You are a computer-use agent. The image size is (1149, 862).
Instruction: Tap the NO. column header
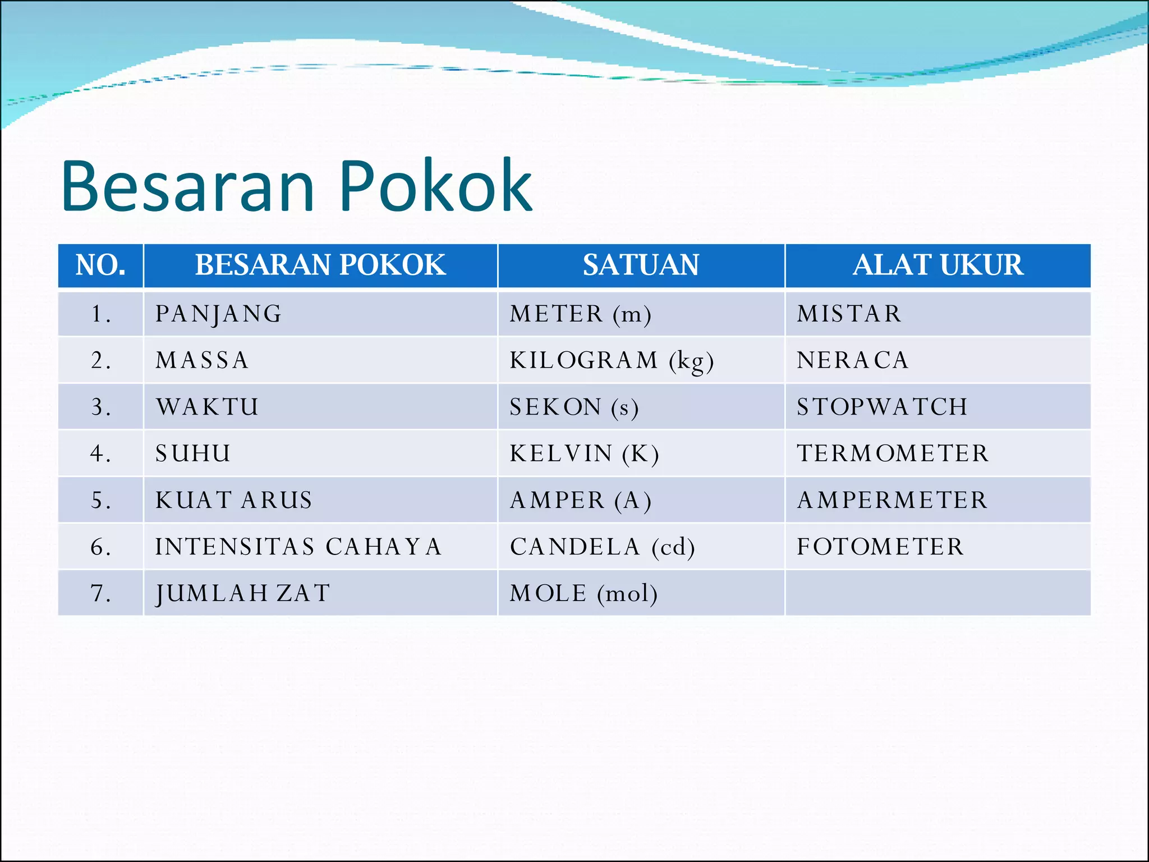(100, 265)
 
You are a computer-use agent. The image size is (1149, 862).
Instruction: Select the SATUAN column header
(641, 265)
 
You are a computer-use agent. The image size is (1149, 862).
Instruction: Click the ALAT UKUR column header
(937, 265)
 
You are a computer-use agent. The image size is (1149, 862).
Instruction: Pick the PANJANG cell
(219, 314)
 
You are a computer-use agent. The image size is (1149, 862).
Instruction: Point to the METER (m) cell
(580, 314)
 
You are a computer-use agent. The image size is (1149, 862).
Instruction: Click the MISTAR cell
(849, 314)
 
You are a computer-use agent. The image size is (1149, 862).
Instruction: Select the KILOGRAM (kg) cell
(612, 360)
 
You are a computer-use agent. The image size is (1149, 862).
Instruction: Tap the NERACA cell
(852, 360)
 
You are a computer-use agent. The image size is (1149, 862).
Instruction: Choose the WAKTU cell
(208, 407)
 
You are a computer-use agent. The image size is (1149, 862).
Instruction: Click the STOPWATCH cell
(882, 407)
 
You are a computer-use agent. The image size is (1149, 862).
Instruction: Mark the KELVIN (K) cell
(584, 453)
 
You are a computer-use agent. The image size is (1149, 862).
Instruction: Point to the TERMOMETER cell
(893, 453)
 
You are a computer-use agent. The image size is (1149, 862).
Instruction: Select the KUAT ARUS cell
(234, 500)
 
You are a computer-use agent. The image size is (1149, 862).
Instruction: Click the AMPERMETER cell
(892, 500)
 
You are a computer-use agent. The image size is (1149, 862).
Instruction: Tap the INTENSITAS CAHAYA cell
(298, 547)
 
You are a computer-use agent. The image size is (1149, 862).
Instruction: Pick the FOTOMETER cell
(880, 547)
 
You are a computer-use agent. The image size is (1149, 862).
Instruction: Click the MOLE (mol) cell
(583, 593)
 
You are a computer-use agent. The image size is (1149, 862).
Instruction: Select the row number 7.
(100, 593)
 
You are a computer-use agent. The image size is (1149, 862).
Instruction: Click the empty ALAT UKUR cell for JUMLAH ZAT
(937, 593)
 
